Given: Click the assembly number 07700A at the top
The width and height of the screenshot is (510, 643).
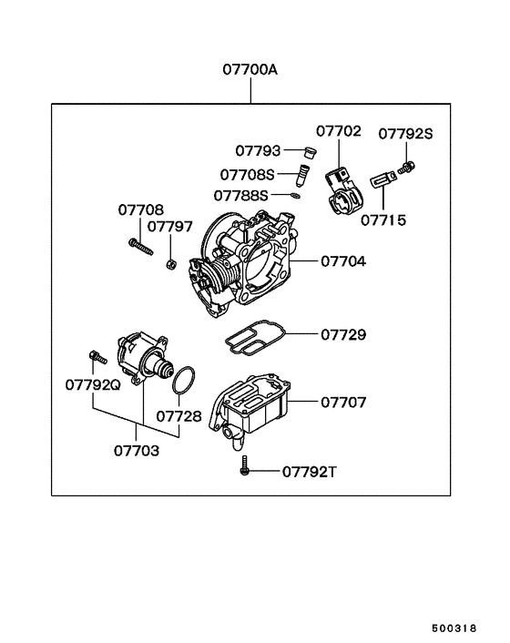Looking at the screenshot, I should pyautogui.click(x=250, y=69).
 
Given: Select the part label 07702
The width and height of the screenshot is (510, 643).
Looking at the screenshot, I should pyautogui.click(x=339, y=132).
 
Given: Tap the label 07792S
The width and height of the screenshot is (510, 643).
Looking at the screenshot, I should pyautogui.click(x=405, y=134).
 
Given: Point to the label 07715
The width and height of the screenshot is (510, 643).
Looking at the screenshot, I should pyautogui.click(x=382, y=219).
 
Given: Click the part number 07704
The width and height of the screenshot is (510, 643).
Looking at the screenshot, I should pyautogui.click(x=342, y=261).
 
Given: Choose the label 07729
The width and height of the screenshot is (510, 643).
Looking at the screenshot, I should pyautogui.click(x=342, y=335).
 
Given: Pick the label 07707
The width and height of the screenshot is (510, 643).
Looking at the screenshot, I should pyautogui.click(x=342, y=401).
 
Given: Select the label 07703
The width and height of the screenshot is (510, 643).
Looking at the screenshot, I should pyautogui.click(x=137, y=450).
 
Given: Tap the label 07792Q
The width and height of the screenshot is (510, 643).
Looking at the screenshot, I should pyautogui.click(x=93, y=384).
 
